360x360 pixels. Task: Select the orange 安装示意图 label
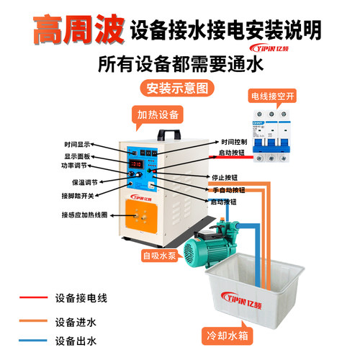tap(178, 89)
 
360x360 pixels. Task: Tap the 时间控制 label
tap(235, 142)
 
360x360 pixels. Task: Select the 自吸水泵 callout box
tap(163, 254)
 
